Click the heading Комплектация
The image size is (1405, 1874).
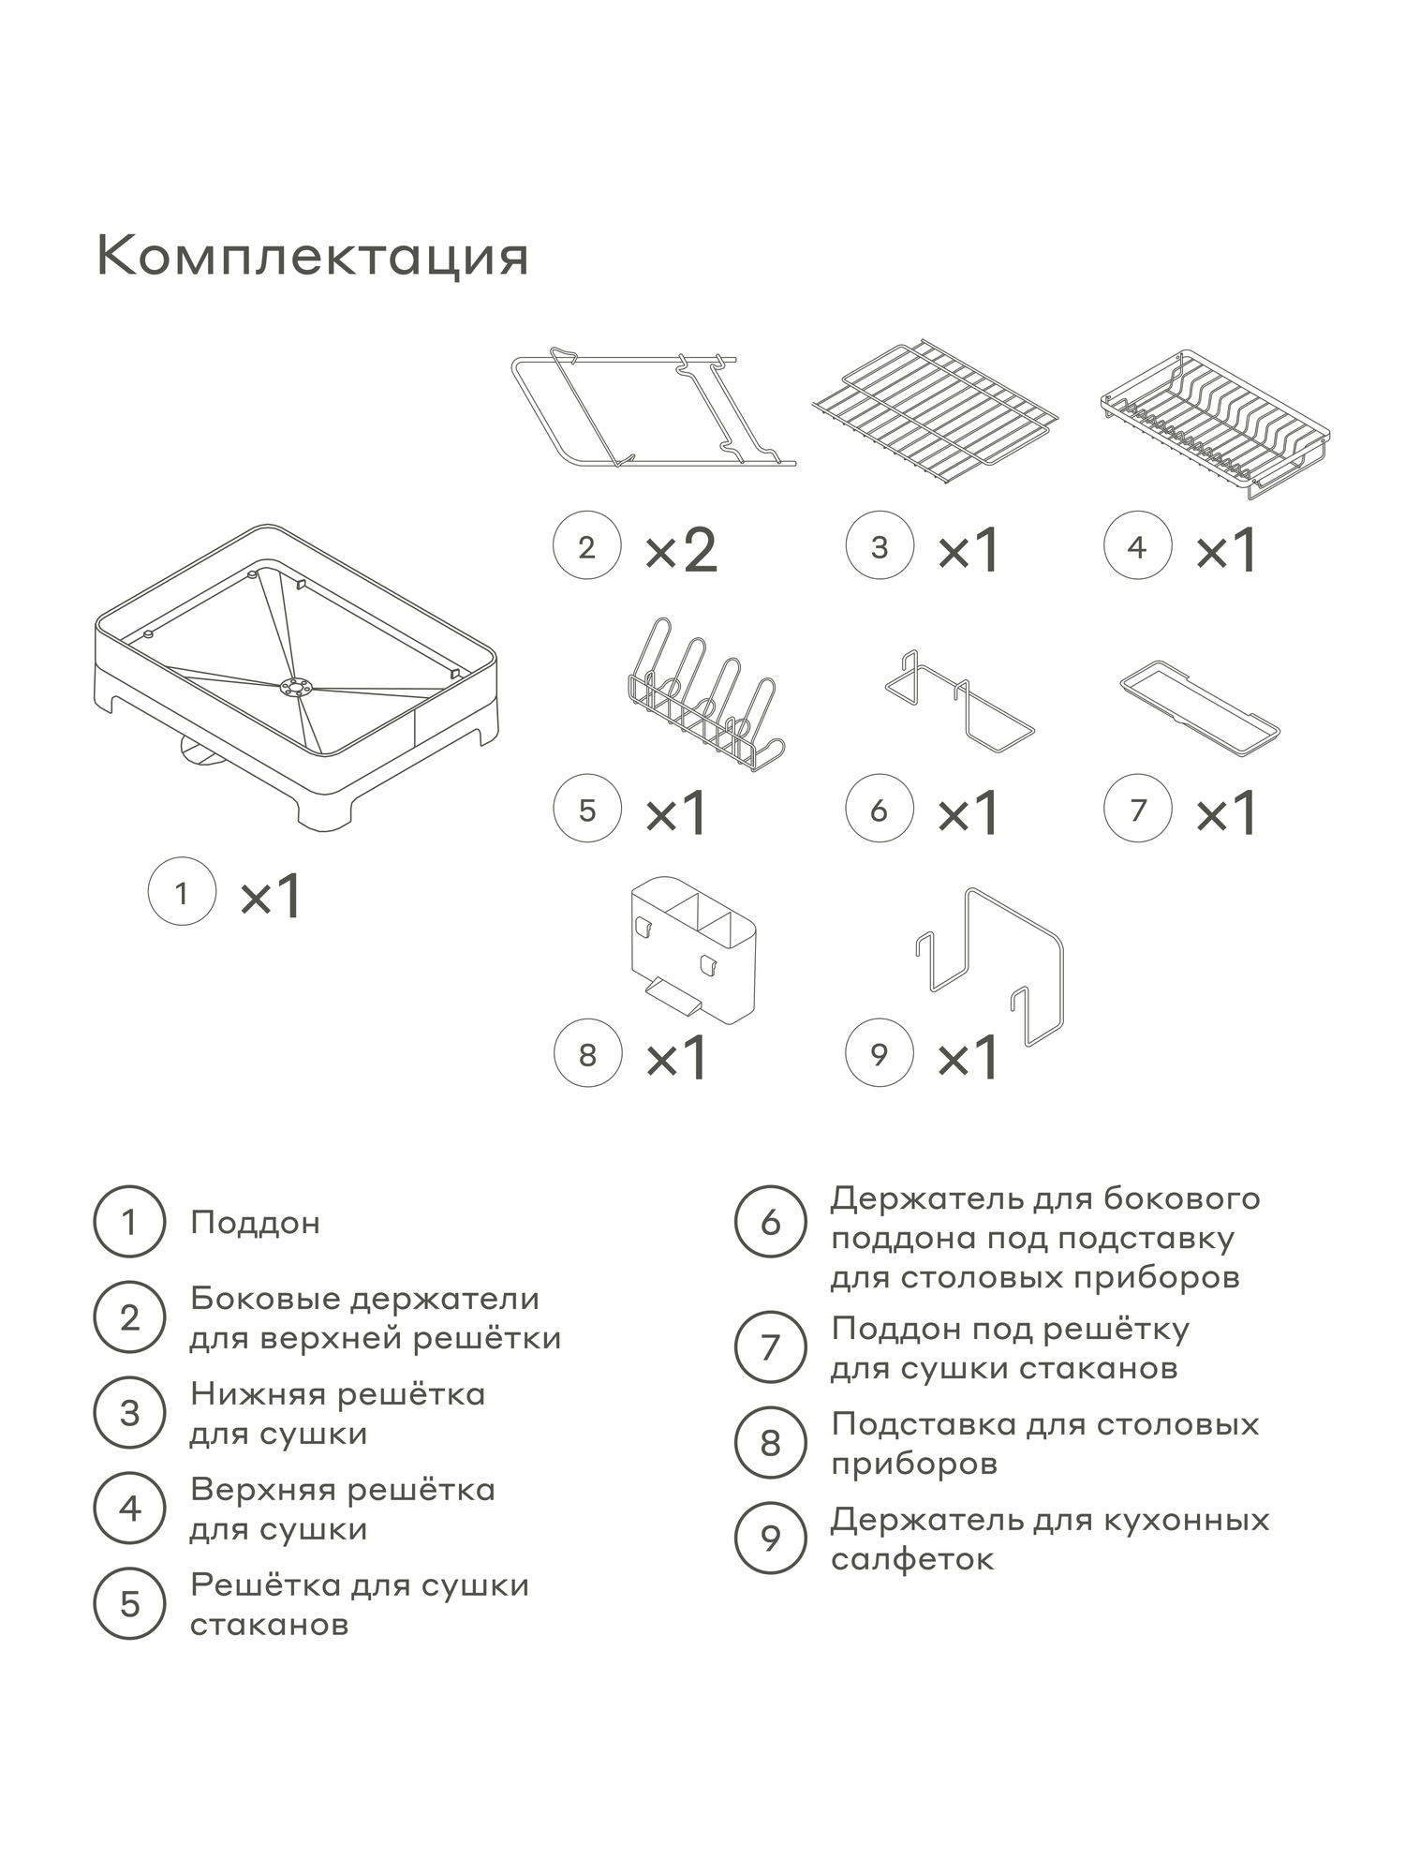pyautogui.click(x=313, y=256)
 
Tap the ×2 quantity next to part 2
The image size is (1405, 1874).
pyautogui.click(x=681, y=550)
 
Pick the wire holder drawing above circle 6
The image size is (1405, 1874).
pyautogui.click(x=958, y=705)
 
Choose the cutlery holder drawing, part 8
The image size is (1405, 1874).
pyautogui.click(x=693, y=948)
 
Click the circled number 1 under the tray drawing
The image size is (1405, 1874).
pyautogui.click(x=183, y=893)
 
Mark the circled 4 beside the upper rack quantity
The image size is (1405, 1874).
pyautogui.click(x=1137, y=546)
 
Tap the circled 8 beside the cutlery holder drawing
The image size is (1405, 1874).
pyautogui.click(x=587, y=1054)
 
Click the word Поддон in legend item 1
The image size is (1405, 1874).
pyautogui.click(x=255, y=1223)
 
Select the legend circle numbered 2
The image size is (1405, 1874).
pyautogui.click(x=129, y=1317)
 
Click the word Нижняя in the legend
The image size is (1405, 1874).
pyautogui.click(x=256, y=1394)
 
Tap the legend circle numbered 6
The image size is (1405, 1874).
pyautogui.click(x=770, y=1222)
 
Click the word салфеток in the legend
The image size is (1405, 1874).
pyautogui.click(x=912, y=1560)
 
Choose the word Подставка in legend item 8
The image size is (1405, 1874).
pyautogui.click(x=922, y=1424)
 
